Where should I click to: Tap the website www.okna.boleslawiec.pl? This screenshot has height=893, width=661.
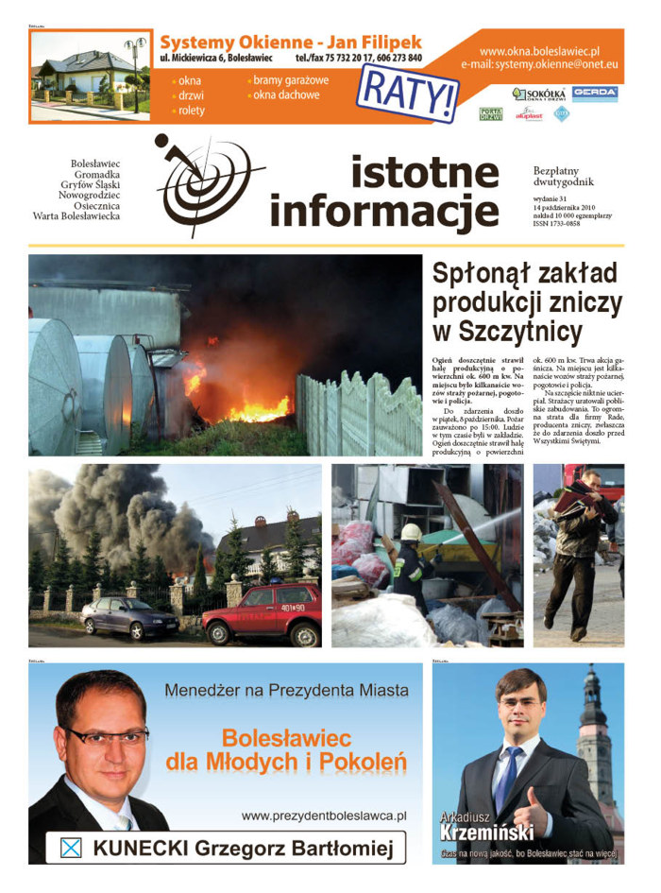(x=539, y=51)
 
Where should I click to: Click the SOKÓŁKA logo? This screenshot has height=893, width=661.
(x=538, y=94)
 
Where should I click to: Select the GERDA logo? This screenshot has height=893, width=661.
(x=595, y=94)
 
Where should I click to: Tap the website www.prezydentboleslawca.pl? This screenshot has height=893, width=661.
(x=323, y=815)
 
